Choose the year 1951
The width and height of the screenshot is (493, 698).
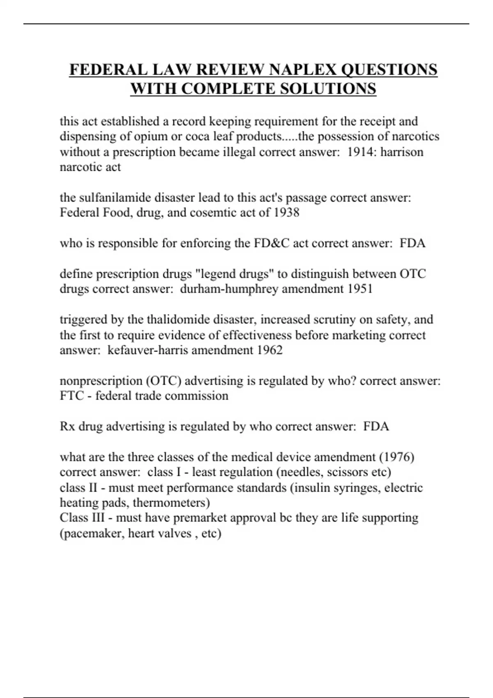[x=360, y=289]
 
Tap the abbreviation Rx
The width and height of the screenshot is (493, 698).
[x=67, y=426]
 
